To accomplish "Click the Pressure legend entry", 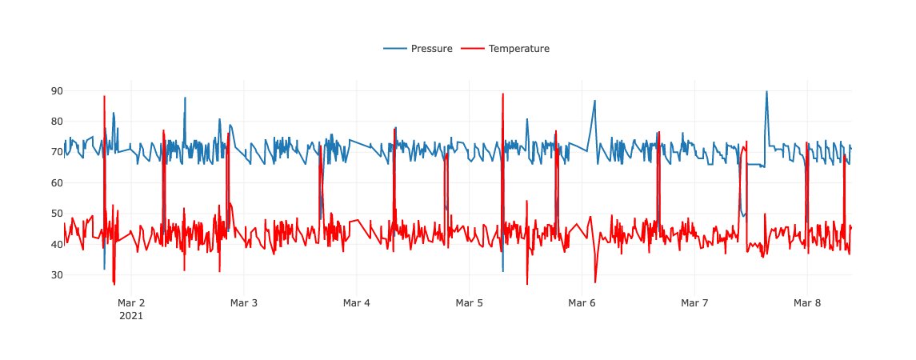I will coord(431,49).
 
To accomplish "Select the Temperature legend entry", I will coord(518,49).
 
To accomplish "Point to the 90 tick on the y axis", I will coord(57,91).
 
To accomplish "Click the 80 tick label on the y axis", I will coord(57,122).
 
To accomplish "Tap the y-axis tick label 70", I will coord(57,152).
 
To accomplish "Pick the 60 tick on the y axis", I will coord(57,183).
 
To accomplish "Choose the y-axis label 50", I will coord(57,214).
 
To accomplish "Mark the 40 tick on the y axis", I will coord(57,244).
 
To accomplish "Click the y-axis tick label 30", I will coord(57,275).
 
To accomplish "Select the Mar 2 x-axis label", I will coord(131,303).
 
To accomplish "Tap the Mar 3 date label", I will coord(244,303).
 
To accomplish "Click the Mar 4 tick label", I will coord(357,303).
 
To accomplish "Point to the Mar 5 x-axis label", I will coord(469,303).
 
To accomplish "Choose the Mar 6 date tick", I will coord(582,303).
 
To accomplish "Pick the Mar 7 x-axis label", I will coord(694,303).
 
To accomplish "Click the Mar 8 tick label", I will coord(806,303).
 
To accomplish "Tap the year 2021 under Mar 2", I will coord(131,316).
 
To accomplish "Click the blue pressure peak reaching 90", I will coord(766,92).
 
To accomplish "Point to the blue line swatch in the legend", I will coord(395,49).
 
